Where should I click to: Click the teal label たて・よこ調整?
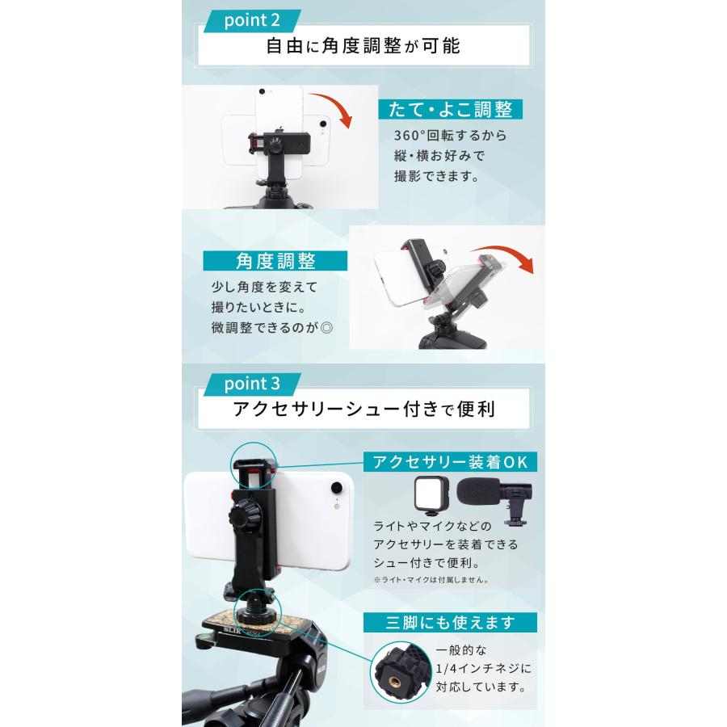[450, 109]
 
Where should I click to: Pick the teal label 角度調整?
[275, 261]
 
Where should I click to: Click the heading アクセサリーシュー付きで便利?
[363, 408]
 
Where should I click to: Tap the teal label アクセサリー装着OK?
[450, 462]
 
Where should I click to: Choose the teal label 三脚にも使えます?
[450, 622]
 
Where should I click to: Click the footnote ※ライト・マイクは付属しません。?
[434, 579]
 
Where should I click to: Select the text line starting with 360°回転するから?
[450, 136]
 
